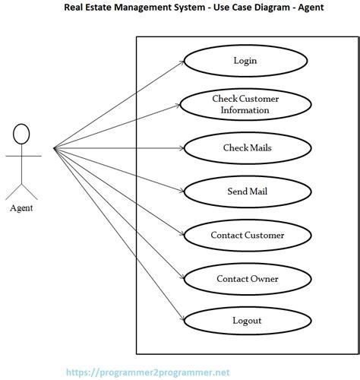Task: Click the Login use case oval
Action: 245,61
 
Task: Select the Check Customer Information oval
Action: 245,105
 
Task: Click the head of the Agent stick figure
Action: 21,134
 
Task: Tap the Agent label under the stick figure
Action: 21,207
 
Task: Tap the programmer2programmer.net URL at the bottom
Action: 147,372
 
